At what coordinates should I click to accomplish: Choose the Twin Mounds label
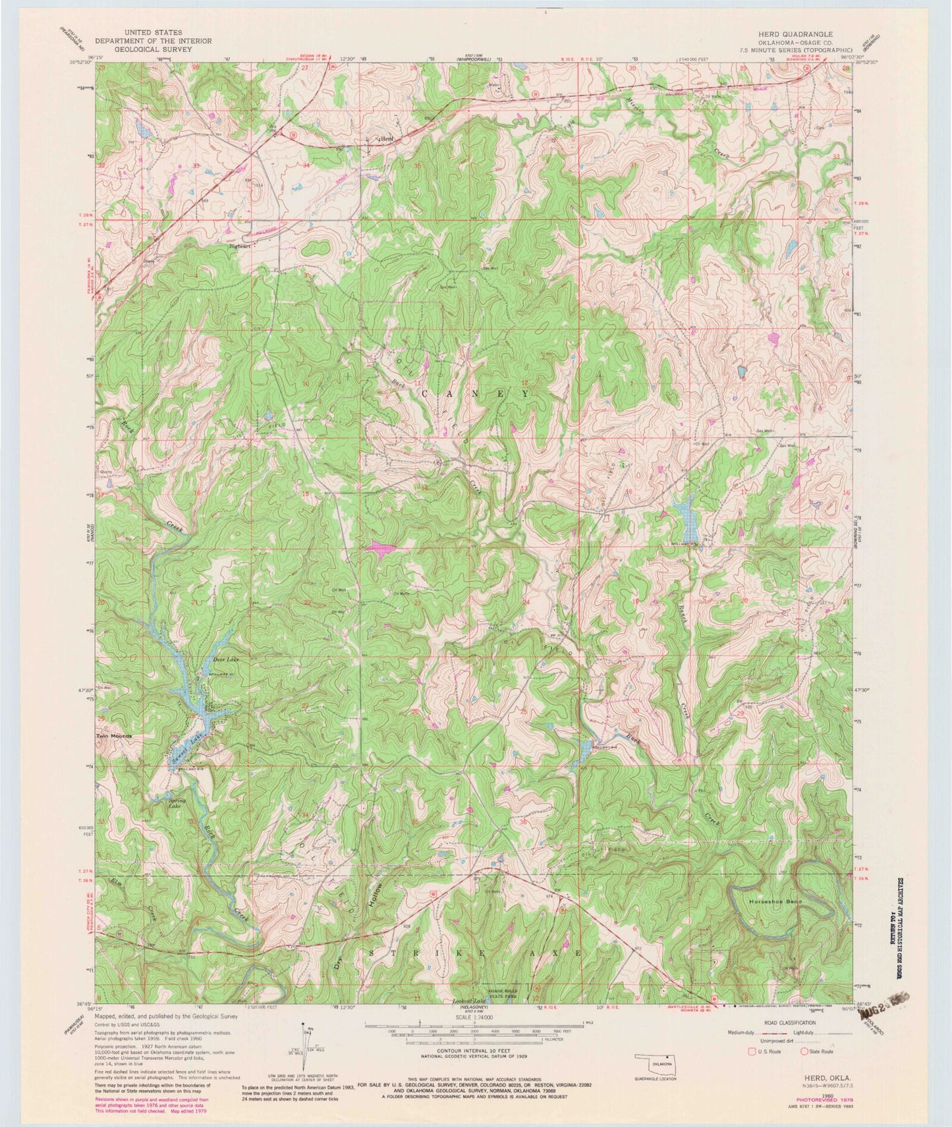point(114,736)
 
